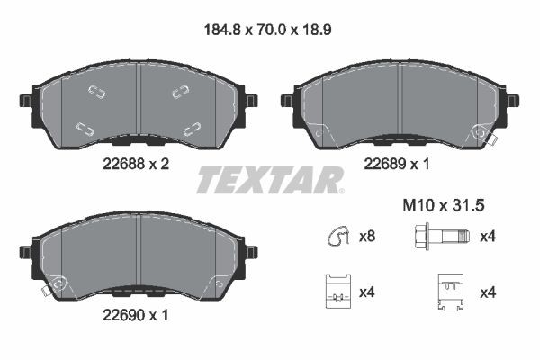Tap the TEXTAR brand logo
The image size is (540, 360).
tap(269, 180)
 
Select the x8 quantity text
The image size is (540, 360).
tap(367, 238)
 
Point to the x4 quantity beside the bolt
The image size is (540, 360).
tap(488, 238)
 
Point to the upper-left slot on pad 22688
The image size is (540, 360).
tap(96, 90)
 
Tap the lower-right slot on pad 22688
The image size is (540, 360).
tap(190, 127)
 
